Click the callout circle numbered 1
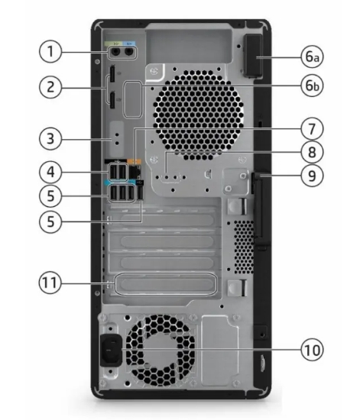(x=50, y=51)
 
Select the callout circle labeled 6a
(x=312, y=57)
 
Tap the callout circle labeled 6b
(x=312, y=86)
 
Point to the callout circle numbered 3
(x=50, y=139)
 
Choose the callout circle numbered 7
(x=312, y=129)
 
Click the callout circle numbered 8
(x=312, y=152)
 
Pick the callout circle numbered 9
(x=312, y=176)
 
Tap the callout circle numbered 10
(x=312, y=350)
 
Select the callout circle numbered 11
(x=50, y=283)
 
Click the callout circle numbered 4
(x=50, y=172)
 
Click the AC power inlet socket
(x=111, y=350)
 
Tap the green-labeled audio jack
(x=116, y=52)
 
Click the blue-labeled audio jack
(x=129, y=52)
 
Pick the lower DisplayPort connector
(x=112, y=100)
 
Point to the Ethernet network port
(x=135, y=172)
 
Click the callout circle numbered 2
(x=50, y=87)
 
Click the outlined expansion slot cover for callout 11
(x=166, y=283)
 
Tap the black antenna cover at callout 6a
(x=253, y=56)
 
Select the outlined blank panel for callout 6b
(x=132, y=99)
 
